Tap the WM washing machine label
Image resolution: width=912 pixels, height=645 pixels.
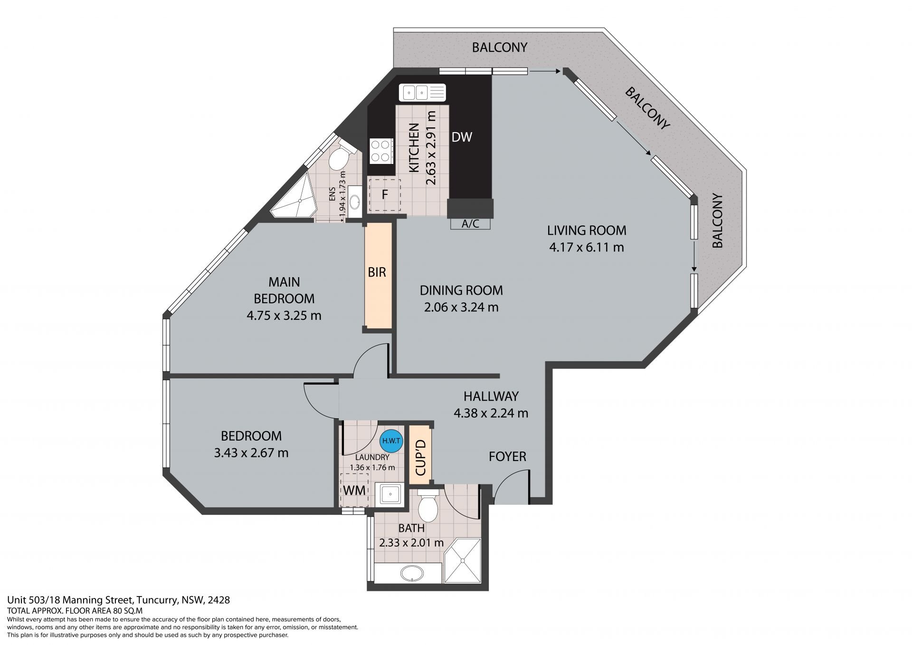[354, 490]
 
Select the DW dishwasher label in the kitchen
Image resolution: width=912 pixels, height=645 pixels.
[462, 137]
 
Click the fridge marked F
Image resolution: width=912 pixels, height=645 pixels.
[385, 195]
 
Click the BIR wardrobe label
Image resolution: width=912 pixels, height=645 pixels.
[377, 272]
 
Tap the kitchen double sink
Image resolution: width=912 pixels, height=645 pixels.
[422, 92]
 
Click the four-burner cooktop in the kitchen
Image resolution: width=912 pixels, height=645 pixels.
[381, 151]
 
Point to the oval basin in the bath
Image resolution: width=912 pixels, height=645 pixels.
[411, 573]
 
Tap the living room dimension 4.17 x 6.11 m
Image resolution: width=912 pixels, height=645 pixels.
[587, 247]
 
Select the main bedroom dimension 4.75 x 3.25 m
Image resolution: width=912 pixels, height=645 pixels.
[284, 315]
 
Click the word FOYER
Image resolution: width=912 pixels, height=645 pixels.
[508, 457]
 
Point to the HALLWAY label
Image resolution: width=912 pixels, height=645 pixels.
[491, 396]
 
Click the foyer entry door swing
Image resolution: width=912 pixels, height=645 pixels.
[512, 487]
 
